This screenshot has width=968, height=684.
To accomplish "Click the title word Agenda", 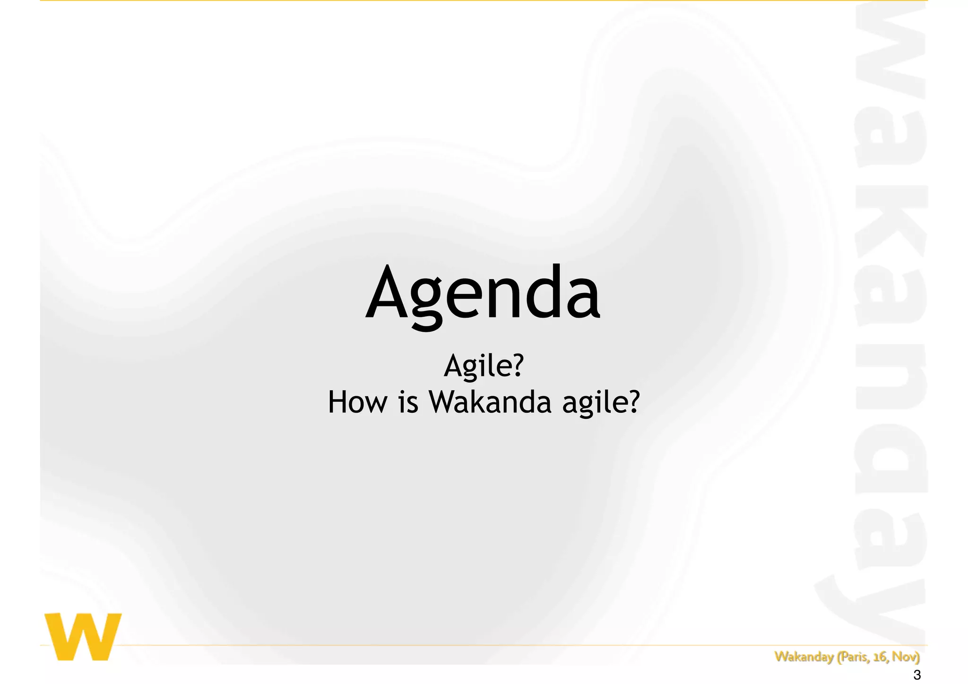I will click(483, 293).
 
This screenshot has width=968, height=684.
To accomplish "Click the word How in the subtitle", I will click(357, 402).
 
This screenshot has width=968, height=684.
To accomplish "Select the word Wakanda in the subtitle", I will click(490, 402).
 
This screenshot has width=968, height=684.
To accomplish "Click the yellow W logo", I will click(83, 636).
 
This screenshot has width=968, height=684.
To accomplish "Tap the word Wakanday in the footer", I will click(804, 657).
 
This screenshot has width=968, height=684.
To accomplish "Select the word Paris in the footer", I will click(854, 657).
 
